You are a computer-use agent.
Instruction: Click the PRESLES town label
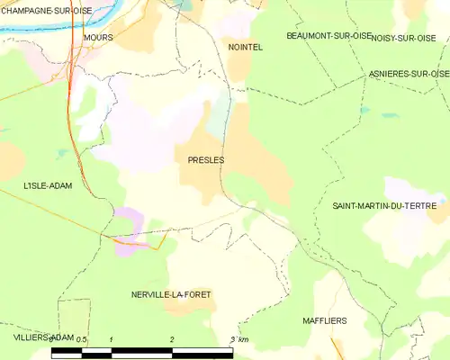[206, 160]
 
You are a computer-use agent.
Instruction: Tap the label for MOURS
[97, 38]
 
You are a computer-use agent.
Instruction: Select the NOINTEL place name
[245, 47]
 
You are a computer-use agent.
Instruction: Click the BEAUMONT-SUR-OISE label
[328, 35]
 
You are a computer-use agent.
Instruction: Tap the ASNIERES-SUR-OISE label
[409, 73]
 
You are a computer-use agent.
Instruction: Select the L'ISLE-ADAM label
[48, 185]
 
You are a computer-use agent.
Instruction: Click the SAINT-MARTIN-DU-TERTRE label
[386, 207]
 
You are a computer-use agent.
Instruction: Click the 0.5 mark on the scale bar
[82, 339]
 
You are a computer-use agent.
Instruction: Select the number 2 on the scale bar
[171, 339]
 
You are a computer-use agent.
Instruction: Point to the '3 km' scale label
[238, 339]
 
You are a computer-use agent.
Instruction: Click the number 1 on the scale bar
[111, 339]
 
